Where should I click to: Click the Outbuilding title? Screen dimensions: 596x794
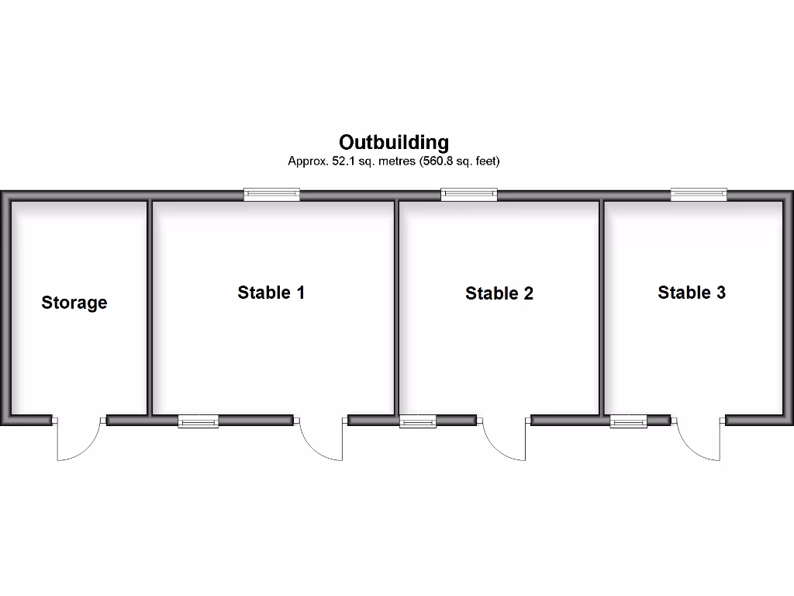(394, 143)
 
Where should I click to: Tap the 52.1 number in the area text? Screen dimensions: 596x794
(344, 162)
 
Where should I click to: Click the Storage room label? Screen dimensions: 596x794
(74, 303)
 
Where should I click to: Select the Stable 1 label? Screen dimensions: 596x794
(271, 293)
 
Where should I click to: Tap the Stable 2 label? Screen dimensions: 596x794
(499, 293)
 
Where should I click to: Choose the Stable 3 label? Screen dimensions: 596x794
(692, 293)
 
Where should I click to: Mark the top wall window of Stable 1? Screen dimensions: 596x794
(271, 195)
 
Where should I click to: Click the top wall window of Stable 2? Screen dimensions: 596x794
(469, 195)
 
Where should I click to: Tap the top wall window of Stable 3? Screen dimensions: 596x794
(699, 195)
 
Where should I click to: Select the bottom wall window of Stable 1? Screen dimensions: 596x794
(198, 421)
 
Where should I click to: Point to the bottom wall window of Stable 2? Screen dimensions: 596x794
(418, 421)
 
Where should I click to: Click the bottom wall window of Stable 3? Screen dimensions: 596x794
(628, 421)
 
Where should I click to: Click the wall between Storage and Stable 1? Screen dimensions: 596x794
(150, 307)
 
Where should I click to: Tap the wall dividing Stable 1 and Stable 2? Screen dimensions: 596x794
(397, 307)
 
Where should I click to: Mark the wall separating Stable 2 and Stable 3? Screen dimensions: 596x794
(602, 307)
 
